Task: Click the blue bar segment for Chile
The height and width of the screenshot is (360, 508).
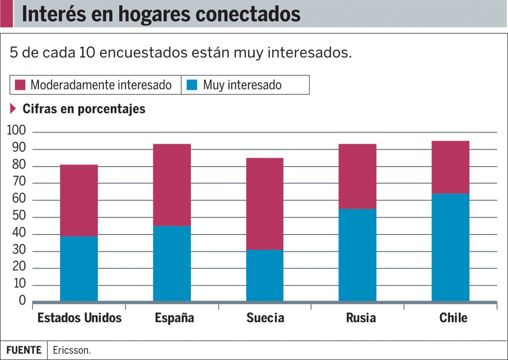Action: point(450,247)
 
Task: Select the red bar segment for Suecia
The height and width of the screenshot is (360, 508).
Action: point(265,204)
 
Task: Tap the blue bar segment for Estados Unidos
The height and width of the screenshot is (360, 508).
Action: point(79,268)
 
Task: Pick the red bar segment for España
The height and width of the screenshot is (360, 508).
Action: point(172,185)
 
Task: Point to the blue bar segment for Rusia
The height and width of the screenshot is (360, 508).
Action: point(358,255)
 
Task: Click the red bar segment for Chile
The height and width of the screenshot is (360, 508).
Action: point(450,167)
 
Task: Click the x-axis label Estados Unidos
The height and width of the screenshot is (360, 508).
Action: point(79,318)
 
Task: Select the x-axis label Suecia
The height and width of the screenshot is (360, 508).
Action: point(265,318)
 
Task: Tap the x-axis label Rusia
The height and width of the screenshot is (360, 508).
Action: point(361,318)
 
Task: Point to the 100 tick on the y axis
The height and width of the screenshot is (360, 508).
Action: point(16,131)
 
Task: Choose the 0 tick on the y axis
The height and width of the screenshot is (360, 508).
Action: point(22,300)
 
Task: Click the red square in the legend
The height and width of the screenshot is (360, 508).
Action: point(20,85)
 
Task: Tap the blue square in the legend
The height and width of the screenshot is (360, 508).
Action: point(192,85)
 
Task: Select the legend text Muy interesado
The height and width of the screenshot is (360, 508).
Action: point(242,85)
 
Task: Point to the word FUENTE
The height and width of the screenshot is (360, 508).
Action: point(24,350)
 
